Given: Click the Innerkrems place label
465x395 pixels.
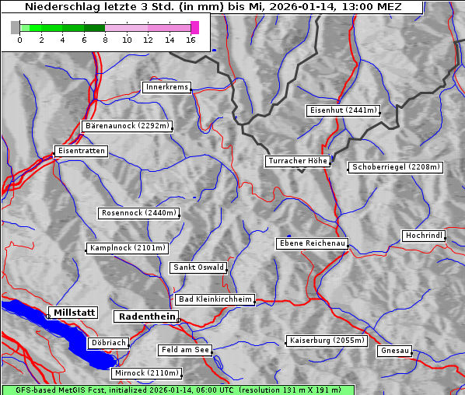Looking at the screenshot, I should click(x=166, y=87).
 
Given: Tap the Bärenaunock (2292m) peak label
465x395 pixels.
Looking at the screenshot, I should click(x=127, y=125).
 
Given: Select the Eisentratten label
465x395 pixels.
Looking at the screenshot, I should click(x=80, y=150).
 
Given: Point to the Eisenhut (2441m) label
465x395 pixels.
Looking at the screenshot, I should click(x=343, y=110).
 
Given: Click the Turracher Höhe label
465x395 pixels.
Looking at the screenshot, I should click(x=298, y=161).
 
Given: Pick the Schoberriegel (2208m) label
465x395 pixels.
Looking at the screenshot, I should click(x=396, y=167).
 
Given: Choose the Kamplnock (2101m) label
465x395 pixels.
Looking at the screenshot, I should click(x=128, y=248).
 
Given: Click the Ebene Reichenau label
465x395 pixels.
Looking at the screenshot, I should click(x=312, y=243).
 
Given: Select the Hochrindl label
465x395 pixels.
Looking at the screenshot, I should click(x=425, y=236).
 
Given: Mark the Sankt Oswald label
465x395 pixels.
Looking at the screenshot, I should click(x=198, y=267).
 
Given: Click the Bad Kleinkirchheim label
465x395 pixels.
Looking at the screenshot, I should click(x=215, y=299).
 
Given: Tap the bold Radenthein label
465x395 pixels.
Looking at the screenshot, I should click(x=146, y=316).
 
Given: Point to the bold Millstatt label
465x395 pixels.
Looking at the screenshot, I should click(x=73, y=313).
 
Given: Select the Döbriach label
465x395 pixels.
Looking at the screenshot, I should click(x=108, y=343).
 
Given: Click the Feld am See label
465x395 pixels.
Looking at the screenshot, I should click(x=185, y=350).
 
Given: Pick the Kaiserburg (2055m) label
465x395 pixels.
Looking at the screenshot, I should click(x=327, y=341).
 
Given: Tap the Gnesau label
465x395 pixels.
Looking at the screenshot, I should click(x=395, y=351).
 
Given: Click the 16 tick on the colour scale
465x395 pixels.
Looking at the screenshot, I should click(x=191, y=40).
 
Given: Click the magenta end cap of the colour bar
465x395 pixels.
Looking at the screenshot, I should click(x=194, y=27).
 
